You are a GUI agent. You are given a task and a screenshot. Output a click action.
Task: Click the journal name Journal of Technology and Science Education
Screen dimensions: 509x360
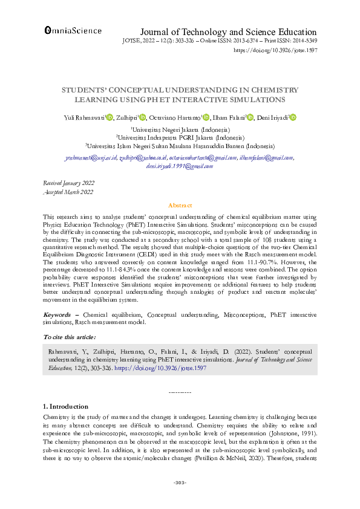pos(228,32)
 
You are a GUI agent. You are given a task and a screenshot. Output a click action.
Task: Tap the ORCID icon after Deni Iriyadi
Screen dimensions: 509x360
pos(293,118)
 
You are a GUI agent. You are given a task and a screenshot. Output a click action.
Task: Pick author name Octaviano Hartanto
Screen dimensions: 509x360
pos(175,118)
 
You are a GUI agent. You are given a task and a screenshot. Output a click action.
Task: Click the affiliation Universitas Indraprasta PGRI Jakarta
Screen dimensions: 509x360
pos(180,137)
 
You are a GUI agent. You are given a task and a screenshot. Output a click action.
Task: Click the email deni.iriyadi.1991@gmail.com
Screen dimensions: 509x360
pos(180,166)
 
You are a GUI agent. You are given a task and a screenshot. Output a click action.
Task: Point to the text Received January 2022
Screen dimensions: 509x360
pos(68,182)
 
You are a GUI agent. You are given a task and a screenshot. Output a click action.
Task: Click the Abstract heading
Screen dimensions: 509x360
pos(180,206)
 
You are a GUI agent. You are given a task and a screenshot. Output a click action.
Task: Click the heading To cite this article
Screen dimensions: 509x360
pos(69,336)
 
